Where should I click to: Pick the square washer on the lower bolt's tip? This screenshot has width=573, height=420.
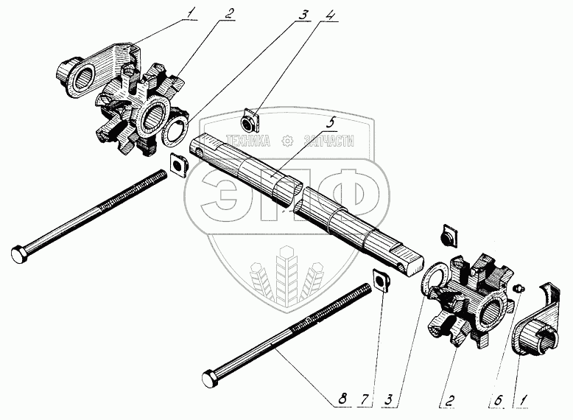(x=382, y=280)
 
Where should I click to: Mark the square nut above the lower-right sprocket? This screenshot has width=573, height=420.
(x=446, y=237)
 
